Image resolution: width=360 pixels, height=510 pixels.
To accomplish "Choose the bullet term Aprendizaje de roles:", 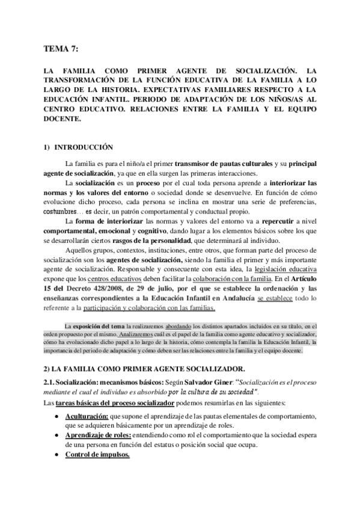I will (x=99, y=435).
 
